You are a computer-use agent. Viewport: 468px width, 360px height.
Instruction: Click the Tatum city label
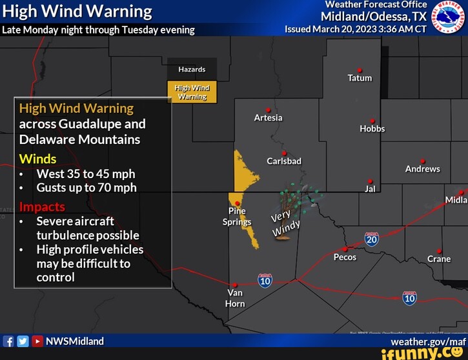[360, 78]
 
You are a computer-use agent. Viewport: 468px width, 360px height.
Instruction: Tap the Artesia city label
[268, 117]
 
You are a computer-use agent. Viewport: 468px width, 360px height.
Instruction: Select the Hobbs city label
[372, 128]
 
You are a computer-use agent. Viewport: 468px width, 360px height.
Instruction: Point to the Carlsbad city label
[284, 161]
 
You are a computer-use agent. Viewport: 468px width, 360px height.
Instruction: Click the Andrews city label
[422, 168]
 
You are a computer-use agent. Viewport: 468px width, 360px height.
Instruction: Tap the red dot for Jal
[370, 181]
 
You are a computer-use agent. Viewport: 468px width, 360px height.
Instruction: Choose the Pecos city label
[345, 257]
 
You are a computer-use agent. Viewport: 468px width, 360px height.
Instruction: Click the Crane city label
[439, 259]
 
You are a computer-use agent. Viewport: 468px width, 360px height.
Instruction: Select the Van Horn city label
[235, 298]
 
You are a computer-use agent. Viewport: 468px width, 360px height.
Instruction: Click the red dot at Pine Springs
[238, 203]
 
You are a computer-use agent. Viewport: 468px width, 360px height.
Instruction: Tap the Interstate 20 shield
[371, 239]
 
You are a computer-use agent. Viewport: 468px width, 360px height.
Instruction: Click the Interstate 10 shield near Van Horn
[265, 280]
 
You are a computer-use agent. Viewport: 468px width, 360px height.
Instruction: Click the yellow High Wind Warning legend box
[192, 92]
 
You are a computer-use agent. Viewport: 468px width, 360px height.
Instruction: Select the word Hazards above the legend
[192, 69]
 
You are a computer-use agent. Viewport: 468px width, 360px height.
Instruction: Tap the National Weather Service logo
[448, 17]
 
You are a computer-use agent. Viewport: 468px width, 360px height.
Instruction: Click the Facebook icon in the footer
[8, 342]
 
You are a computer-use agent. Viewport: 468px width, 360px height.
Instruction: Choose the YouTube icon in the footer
[37, 342]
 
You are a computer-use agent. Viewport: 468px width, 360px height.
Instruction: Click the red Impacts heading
[42, 206]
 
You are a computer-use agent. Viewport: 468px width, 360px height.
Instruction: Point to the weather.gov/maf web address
[428, 341]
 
